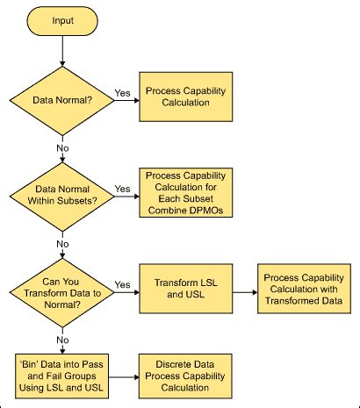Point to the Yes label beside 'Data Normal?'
click(122, 91)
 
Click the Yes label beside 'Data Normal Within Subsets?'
click(122, 187)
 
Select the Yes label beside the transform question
click(122, 284)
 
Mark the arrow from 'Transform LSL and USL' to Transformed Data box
click(241, 290)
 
